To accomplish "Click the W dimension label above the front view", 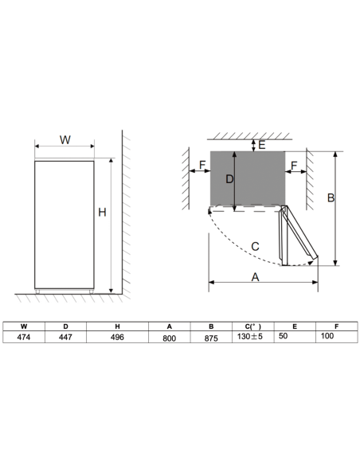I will (x=65, y=139).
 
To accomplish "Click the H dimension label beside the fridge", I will (x=102, y=212).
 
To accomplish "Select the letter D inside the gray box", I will (x=229, y=180).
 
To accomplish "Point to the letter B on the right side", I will (x=331, y=198).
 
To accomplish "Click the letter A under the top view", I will (x=256, y=276).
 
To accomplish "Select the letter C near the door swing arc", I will (x=255, y=246).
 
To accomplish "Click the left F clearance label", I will (x=202, y=166).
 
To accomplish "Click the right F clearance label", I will (x=295, y=166).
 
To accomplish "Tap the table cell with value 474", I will (x=23, y=337).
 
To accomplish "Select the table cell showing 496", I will (x=117, y=337).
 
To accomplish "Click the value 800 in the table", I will (x=169, y=337).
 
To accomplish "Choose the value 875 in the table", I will (x=211, y=337).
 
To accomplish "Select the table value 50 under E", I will (x=284, y=337).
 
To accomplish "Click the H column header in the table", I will (x=117, y=326).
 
